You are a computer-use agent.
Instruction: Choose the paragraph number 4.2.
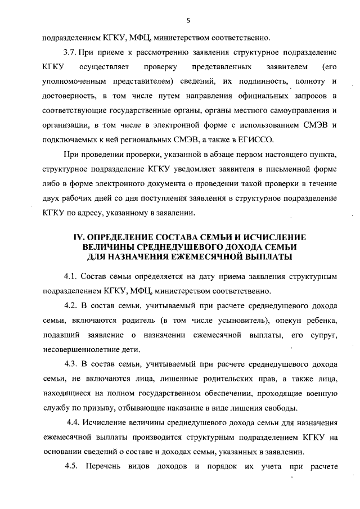70,305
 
